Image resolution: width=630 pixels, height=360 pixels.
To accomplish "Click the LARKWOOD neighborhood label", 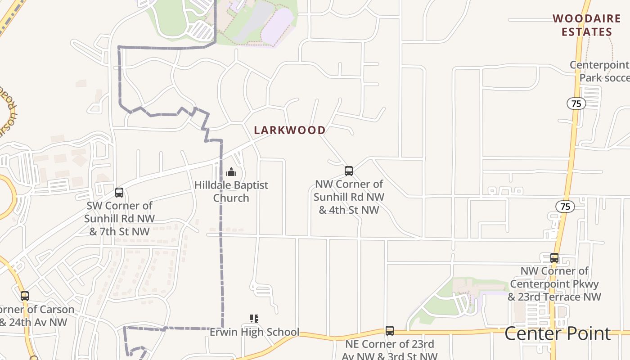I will pyautogui.click(x=290, y=130).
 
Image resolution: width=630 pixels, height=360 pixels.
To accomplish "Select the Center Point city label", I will pyautogui.click(x=557, y=333).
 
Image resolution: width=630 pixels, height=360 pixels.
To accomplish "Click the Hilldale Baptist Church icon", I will pyautogui.click(x=231, y=172).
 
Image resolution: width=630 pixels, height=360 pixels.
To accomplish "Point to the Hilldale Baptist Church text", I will pyautogui.click(x=231, y=191).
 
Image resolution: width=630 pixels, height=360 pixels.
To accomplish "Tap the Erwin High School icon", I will pyautogui.click(x=254, y=319).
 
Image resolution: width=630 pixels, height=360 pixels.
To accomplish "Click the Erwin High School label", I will pyautogui.click(x=254, y=332).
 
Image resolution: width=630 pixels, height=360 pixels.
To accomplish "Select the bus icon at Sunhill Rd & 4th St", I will pyautogui.click(x=349, y=171).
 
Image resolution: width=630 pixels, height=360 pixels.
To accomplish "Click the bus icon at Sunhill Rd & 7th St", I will pyautogui.click(x=119, y=193).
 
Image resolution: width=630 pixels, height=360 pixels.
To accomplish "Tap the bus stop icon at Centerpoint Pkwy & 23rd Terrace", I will pyautogui.click(x=554, y=258).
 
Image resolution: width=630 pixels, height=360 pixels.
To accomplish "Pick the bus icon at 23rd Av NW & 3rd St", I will pyautogui.click(x=390, y=331).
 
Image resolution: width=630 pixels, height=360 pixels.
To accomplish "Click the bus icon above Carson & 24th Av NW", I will pyautogui.click(x=25, y=296).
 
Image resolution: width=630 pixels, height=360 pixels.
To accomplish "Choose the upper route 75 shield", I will pyautogui.click(x=576, y=104).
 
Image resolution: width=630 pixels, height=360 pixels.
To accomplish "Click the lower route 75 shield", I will pyautogui.click(x=565, y=207).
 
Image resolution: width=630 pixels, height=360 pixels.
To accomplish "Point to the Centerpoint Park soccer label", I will pyautogui.click(x=599, y=71).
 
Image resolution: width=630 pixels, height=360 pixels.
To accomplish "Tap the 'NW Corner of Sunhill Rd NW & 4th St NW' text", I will pyautogui.click(x=349, y=197).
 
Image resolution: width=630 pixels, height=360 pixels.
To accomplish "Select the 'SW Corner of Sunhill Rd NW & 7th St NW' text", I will pyautogui.click(x=119, y=219).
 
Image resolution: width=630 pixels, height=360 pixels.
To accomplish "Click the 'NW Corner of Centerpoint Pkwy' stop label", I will pyautogui.click(x=554, y=284).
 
